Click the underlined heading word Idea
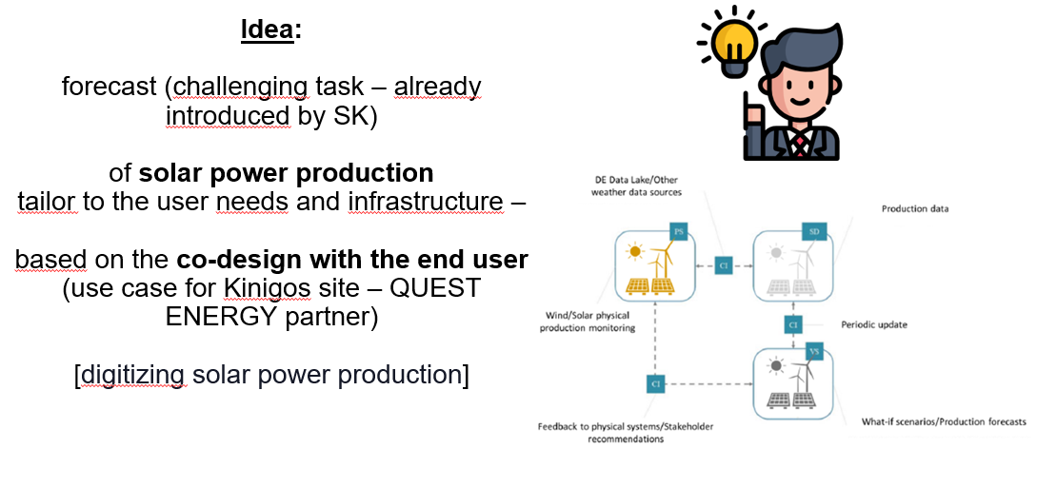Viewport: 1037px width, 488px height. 268,29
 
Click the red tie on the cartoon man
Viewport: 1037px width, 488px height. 804,144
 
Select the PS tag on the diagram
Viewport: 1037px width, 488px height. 679,232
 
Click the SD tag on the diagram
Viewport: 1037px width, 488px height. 815,232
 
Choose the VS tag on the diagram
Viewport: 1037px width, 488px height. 814,351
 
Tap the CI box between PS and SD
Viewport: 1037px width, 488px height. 725,267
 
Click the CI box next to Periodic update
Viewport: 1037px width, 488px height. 793,325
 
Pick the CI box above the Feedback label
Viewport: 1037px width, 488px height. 655,383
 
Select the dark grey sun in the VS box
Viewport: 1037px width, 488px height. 778,366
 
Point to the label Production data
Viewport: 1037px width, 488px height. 914,209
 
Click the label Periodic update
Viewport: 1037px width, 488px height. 874,324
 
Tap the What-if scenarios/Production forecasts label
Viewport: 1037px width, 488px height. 943,421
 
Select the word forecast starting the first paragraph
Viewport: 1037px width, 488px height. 110,87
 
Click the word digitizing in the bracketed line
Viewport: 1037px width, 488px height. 134,375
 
